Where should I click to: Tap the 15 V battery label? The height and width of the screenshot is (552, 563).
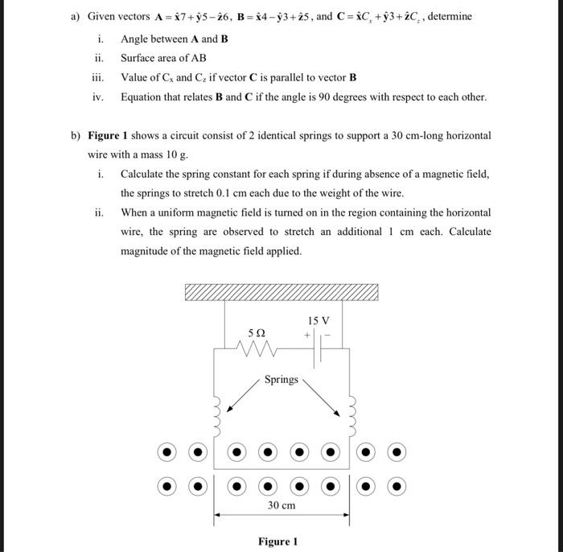click(x=319, y=320)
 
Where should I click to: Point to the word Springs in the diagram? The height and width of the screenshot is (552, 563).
click(x=281, y=379)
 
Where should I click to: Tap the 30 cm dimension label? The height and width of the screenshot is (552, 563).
click(x=281, y=505)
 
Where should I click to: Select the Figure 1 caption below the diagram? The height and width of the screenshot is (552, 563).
click(x=278, y=541)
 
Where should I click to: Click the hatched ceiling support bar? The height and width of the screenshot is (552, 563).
click(x=281, y=292)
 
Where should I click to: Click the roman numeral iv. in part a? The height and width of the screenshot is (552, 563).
click(x=98, y=97)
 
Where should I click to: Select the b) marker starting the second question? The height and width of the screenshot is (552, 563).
click(x=76, y=135)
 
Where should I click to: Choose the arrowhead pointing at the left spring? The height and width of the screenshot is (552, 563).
click(x=230, y=410)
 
